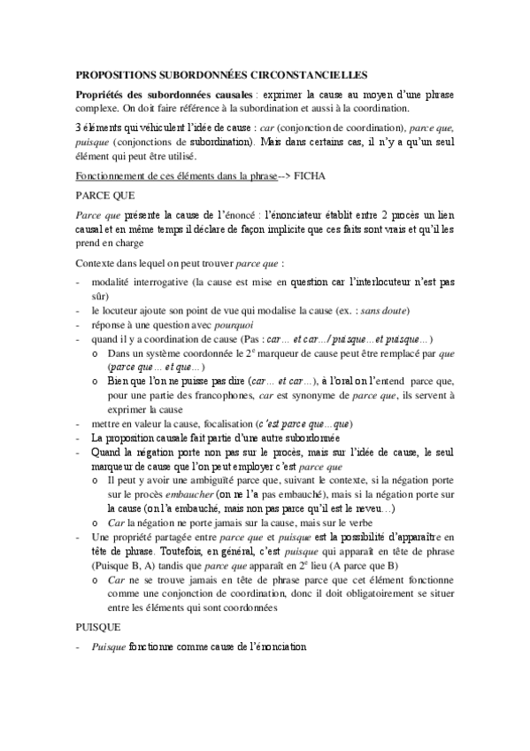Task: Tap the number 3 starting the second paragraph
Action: tap(78, 129)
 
